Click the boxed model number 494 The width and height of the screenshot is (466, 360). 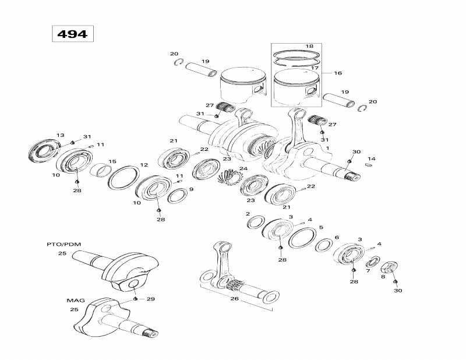coord(72,34)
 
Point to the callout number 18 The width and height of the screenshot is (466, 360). coord(309,45)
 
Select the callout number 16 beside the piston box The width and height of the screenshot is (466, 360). coord(337,73)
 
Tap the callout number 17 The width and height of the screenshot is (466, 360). coord(315,68)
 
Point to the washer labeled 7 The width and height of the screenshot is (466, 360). coord(372,262)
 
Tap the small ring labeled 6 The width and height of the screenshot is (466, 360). coord(323,245)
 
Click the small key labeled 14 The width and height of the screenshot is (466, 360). coord(368,165)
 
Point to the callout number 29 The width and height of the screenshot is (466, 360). coord(150,299)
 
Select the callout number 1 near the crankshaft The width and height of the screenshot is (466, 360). coord(327,148)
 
